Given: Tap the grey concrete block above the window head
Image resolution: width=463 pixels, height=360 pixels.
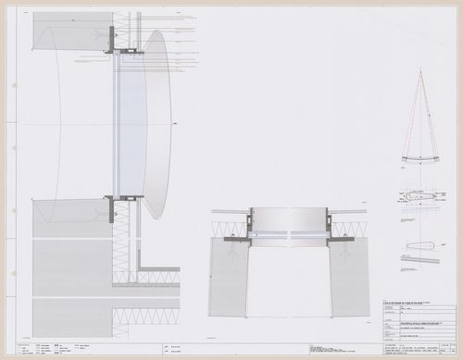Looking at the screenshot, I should point(69,35).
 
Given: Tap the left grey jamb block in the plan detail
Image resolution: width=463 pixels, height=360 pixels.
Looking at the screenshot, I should point(228,276).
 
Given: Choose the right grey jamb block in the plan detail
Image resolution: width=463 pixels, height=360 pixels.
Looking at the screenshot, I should point(349,276).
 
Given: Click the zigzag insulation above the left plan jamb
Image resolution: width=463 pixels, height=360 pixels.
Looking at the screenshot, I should point(230,229).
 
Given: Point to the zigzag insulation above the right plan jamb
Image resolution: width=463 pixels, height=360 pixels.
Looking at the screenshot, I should point(348,229).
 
